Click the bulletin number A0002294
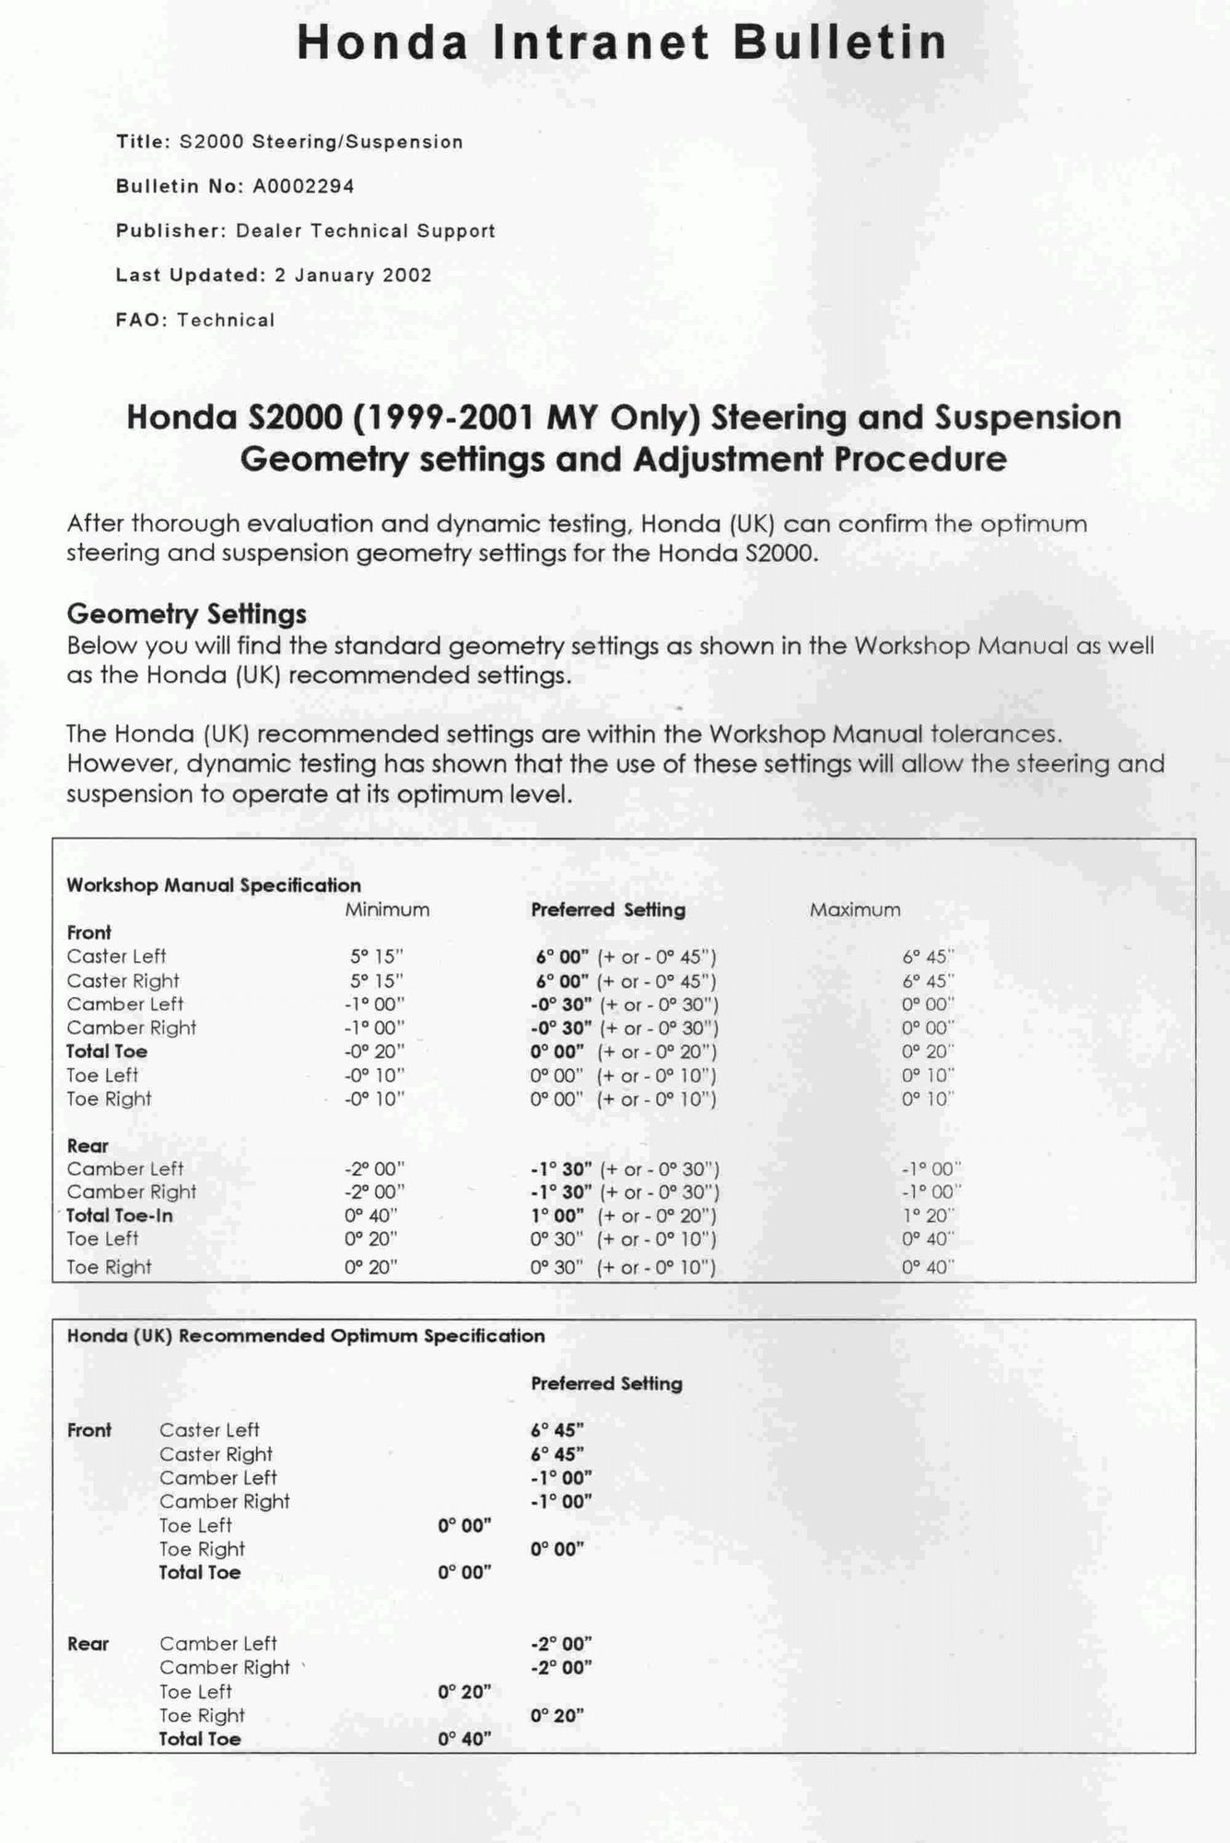(x=303, y=186)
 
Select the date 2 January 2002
(x=353, y=275)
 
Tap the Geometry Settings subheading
(x=186, y=614)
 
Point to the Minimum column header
(x=387, y=910)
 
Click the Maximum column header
(x=855, y=910)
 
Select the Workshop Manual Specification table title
(x=213, y=886)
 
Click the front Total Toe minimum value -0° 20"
(x=374, y=1051)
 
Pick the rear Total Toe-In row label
(x=119, y=1215)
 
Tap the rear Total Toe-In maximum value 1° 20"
(x=928, y=1215)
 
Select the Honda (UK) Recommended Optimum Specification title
(x=305, y=1335)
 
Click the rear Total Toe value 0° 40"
(x=464, y=1739)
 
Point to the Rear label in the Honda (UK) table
(x=88, y=1644)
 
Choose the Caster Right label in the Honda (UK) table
(x=216, y=1454)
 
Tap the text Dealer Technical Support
(x=365, y=230)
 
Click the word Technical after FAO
(x=226, y=320)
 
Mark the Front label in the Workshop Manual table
(x=88, y=933)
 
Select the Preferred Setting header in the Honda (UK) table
(x=606, y=1383)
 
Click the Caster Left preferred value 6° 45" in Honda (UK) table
(x=556, y=1430)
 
